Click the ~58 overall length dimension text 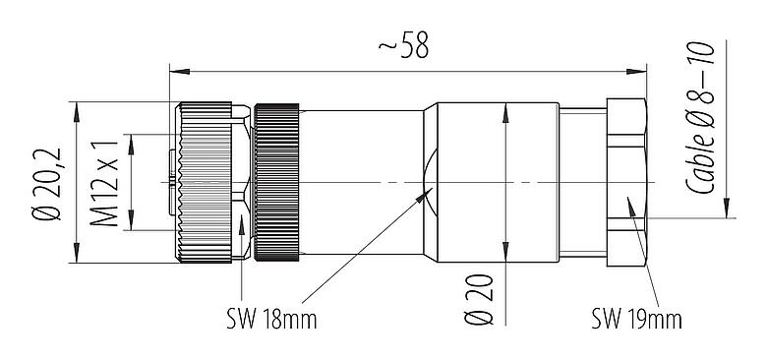tap(402, 47)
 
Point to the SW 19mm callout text tap(636, 320)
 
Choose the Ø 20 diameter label tap(481, 295)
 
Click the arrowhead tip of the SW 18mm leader tap(429, 192)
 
